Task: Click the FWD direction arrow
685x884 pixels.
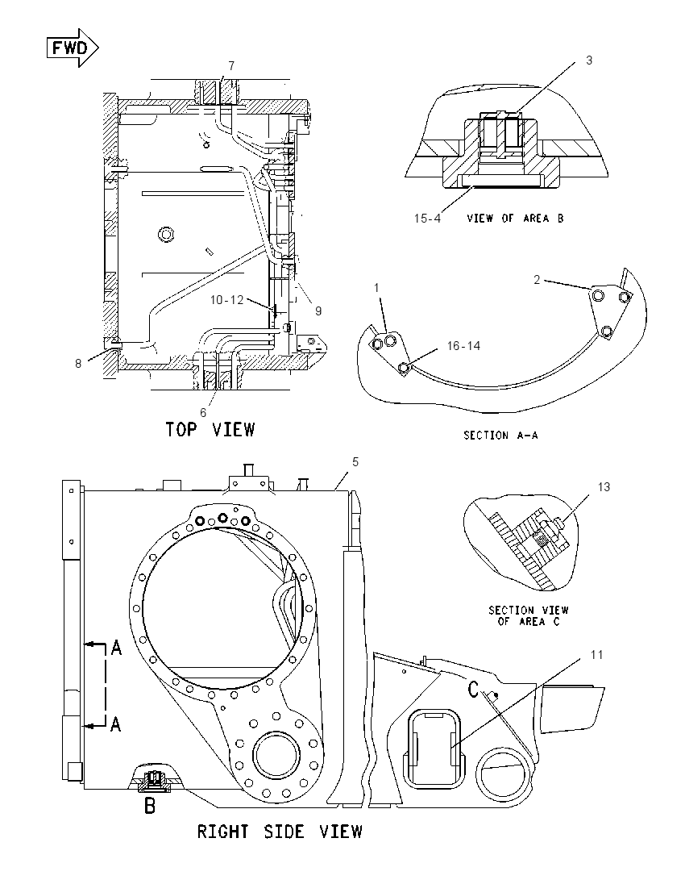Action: pyautogui.click(x=72, y=48)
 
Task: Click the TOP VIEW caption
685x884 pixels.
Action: pyautogui.click(x=210, y=430)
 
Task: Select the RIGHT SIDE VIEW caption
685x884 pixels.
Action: pyautogui.click(x=280, y=832)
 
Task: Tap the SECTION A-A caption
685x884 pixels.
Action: pyautogui.click(x=500, y=436)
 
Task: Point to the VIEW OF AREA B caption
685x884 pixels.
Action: pyautogui.click(x=515, y=219)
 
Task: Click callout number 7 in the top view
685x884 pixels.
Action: pyautogui.click(x=231, y=66)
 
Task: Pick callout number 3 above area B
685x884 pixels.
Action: pyautogui.click(x=589, y=60)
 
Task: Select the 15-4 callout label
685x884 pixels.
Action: pyautogui.click(x=428, y=219)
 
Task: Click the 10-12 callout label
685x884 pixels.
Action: pyautogui.click(x=227, y=300)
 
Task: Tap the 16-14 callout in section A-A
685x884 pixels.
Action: pyautogui.click(x=463, y=345)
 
